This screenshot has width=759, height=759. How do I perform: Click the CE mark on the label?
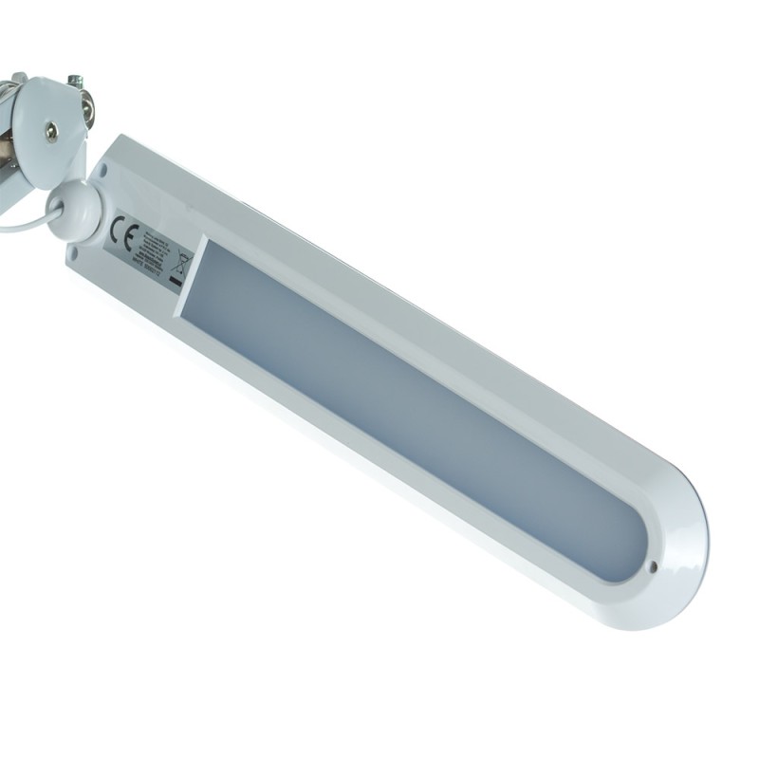pos(120,231)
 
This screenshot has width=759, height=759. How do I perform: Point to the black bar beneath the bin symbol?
pos(176,280)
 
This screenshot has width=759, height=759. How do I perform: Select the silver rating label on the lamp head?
pos(148,250)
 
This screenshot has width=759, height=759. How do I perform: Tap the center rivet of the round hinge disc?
pos(51,132)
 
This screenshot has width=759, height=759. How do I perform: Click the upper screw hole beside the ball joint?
pos(103,171)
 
